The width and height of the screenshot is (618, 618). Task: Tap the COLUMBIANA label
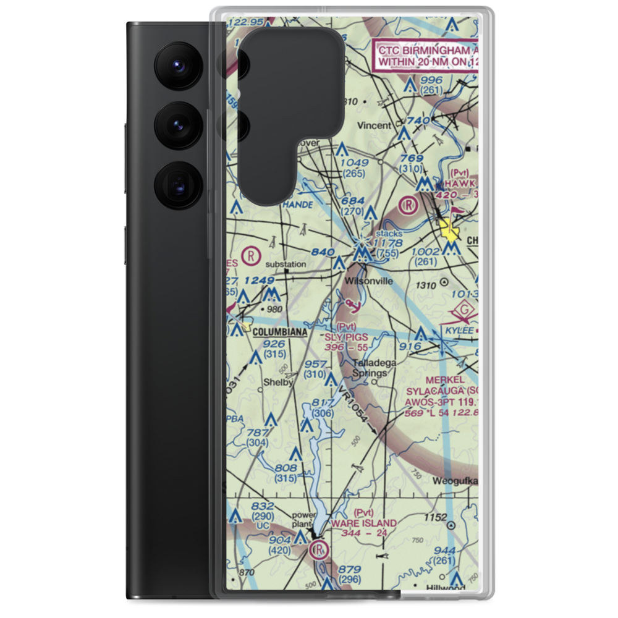(x=280, y=332)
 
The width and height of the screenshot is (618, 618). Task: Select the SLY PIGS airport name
(x=346, y=337)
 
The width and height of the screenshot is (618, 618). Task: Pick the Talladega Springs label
(x=371, y=369)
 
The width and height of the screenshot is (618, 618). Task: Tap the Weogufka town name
(x=456, y=480)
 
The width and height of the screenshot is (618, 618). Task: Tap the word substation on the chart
(x=286, y=265)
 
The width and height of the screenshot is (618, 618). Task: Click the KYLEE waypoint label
(x=459, y=331)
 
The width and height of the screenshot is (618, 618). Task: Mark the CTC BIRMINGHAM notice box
(x=426, y=56)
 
